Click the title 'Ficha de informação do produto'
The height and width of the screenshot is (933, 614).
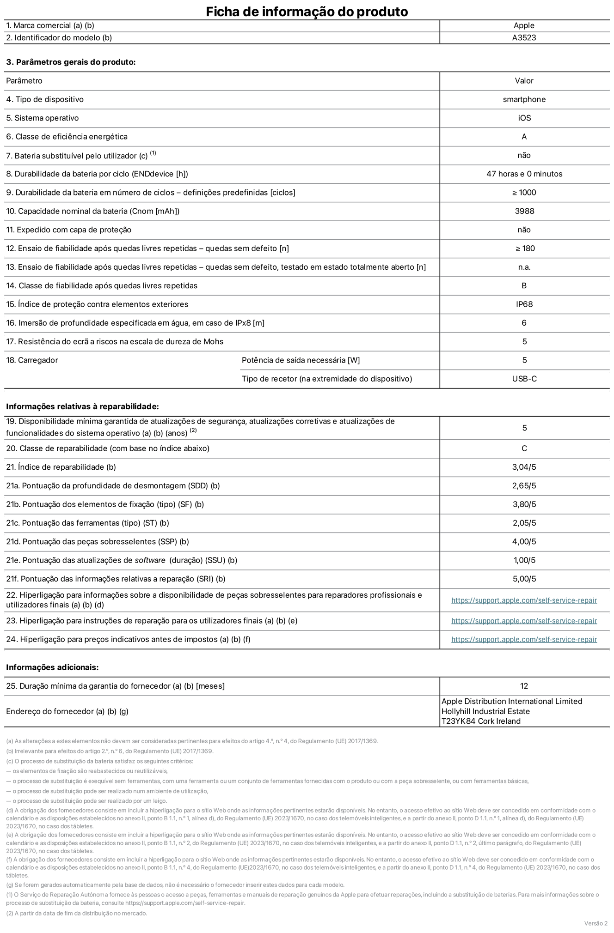(307, 11)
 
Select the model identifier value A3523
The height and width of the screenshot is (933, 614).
(524, 38)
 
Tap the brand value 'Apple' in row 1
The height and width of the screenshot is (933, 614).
(524, 26)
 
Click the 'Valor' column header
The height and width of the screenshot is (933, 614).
(524, 81)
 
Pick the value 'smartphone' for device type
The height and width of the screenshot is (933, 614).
(524, 99)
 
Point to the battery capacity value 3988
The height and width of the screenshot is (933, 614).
(524, 211)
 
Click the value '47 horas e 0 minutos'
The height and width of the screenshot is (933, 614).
(524, 174)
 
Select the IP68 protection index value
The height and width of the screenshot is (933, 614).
(524, 304)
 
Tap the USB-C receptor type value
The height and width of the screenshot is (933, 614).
(524, 379)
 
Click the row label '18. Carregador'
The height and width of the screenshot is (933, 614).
(32, 360)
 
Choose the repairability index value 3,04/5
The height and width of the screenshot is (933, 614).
(524, 467)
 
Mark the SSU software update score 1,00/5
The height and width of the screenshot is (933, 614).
(524, 560)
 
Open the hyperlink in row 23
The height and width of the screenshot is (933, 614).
(524, 621)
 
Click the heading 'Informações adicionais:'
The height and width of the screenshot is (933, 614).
(52, 667)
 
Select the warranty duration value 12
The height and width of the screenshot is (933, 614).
(524, 686)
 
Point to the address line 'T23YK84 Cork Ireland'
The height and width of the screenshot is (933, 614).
(481, 721)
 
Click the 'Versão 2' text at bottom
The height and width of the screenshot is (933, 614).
(596, 923)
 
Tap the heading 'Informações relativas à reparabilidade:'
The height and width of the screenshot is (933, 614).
(82, 406)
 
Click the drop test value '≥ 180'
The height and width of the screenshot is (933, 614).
(525, 248)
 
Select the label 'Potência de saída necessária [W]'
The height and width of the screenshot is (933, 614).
(301, 360)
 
